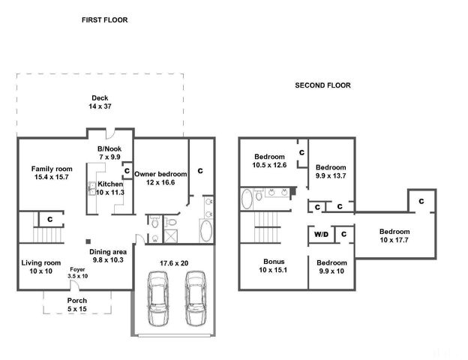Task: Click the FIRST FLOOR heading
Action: click(x=105, y=20)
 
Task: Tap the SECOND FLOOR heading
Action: click(x=322, y=85)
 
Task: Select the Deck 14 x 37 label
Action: click(x=100, y=102)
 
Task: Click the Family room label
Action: click(x=52, y=172)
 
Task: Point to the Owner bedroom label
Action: click(x=160, y=178)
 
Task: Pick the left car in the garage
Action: click(x=158, y=298)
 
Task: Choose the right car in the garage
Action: click(x=196, y=298)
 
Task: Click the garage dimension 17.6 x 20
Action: click(x=174, y=263)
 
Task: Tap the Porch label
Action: click(x=77, y=304)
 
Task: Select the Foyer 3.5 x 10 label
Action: click(x=77, y=273)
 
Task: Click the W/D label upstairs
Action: click(x=321, y=234)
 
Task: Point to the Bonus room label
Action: click(x=274, y=265)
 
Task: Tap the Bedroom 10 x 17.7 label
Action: click(x=394, y=235)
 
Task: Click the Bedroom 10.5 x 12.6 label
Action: click(x=269, y=161)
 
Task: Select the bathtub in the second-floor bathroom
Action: click(x=247, y=199)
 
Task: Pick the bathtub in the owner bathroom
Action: click(x=206, y=231)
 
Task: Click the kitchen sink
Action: click(x=92, y=189)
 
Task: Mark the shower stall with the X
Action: click(x=171, y=236)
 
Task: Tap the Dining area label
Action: click(x=108, y=256)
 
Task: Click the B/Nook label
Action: click(x=109, y=152)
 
